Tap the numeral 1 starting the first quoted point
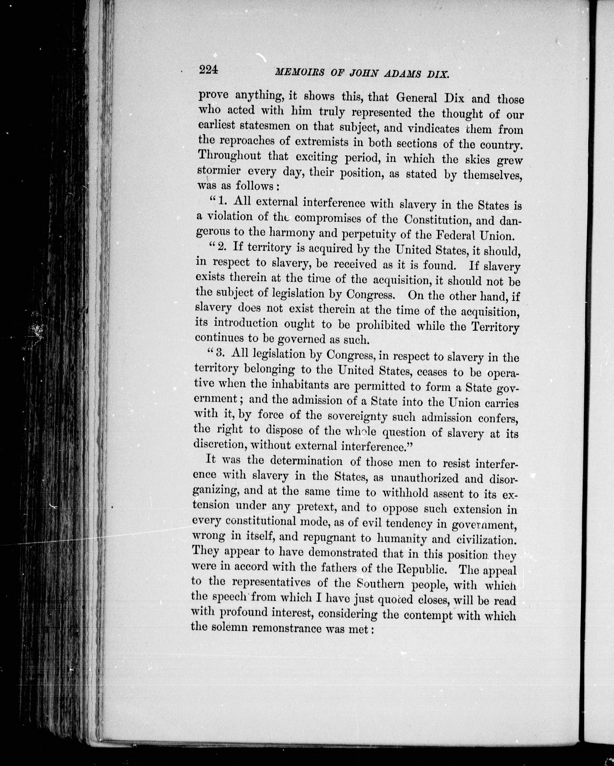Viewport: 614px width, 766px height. tap(221, 201)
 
